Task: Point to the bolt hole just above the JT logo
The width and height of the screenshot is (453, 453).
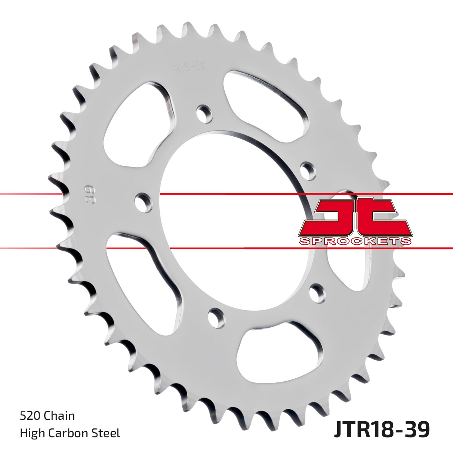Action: coord(308,170)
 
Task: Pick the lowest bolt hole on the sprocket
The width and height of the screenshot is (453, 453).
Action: coord(216,317)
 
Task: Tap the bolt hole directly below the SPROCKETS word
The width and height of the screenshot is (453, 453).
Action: coord(316,293)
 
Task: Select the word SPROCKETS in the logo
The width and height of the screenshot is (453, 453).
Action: coord(355,241)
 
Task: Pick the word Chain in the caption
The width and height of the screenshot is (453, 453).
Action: coord(59,416)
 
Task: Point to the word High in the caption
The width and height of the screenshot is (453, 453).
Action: coord(31,433)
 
